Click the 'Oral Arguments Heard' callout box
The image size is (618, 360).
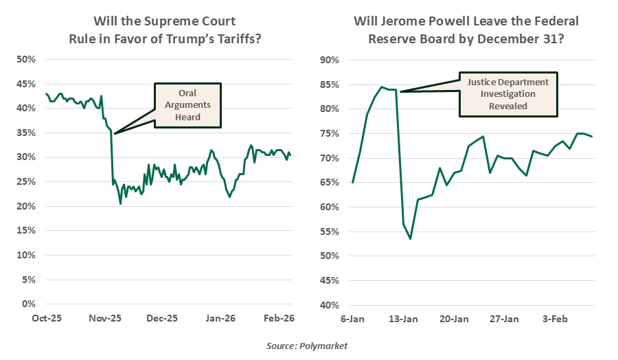coord(187,105)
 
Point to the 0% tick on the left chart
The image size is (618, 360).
coord(28,304)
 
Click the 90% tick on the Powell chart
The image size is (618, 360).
coord(332,60)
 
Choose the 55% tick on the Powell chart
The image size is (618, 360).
coord(332,232)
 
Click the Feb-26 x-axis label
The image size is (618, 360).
coord(279,319)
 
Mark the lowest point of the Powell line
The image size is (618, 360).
coord(410,238)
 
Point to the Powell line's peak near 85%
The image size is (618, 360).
coord(382,87)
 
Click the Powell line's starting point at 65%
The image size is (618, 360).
coord(352,182)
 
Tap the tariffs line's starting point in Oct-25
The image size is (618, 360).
coord(46,93)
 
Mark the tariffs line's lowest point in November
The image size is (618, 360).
coord(120,203)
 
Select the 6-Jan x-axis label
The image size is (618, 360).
coord(352,319)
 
